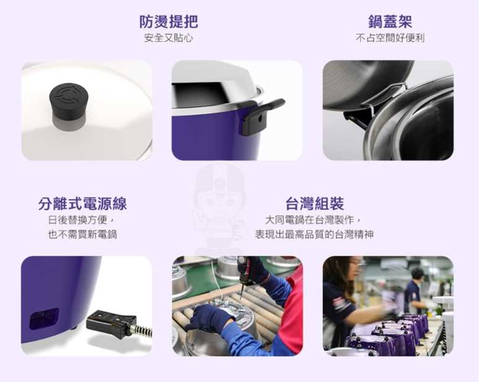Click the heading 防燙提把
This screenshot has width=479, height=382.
(169, 22)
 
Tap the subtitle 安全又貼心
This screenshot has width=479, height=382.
(169, 38)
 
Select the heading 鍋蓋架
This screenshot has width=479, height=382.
(390, 22)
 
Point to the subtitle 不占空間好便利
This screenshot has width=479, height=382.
(390, 38)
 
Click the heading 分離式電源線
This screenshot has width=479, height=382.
(82, 204)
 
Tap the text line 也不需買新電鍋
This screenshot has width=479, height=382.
(82, 234)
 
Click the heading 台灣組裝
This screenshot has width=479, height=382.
(315, 204)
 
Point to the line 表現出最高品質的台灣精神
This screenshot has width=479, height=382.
(314, 234)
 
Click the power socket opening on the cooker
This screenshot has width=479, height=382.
(43, 318)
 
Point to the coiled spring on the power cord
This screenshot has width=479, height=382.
(143, 331)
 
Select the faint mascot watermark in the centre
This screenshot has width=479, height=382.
(219, 207)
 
